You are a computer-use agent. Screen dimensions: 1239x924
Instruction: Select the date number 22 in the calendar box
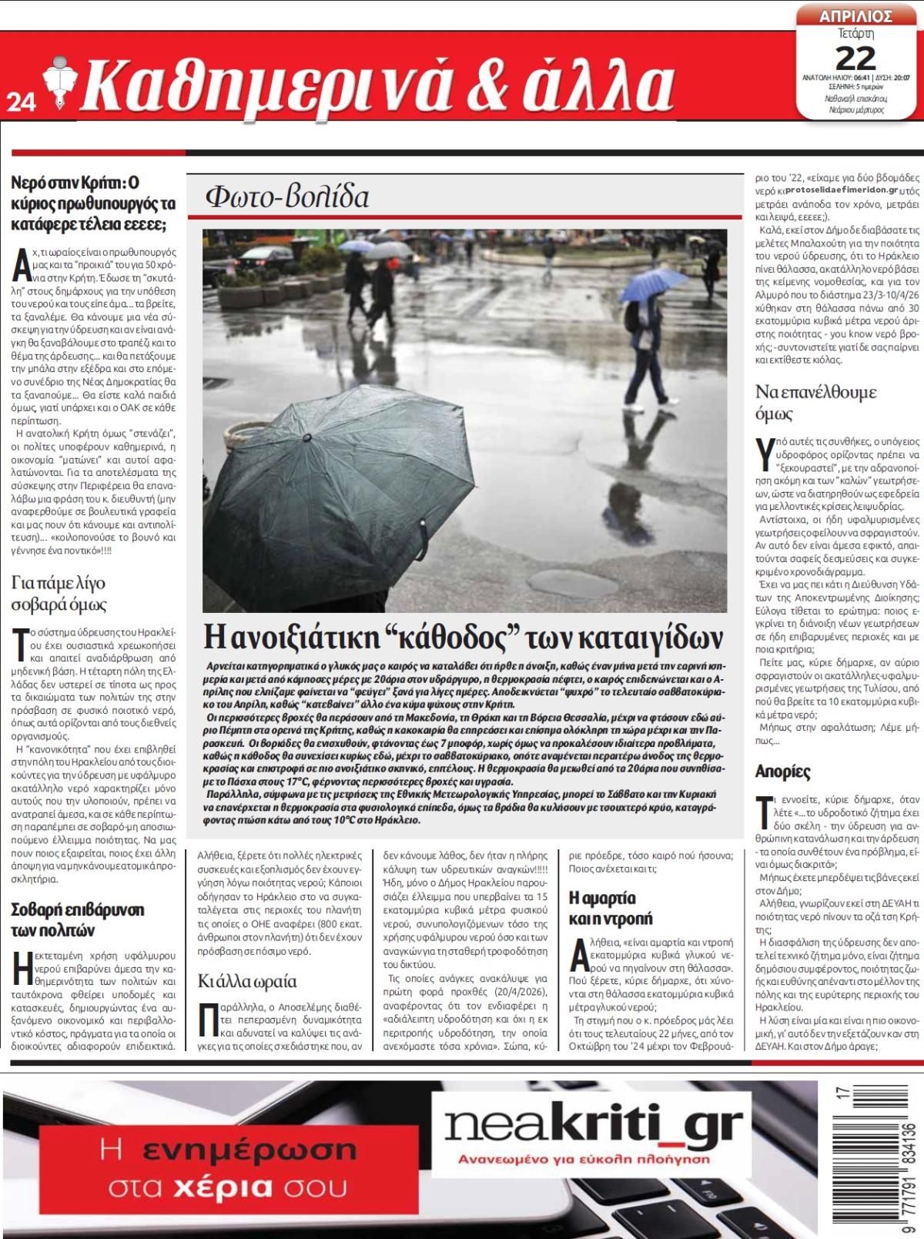[x=855, y=58]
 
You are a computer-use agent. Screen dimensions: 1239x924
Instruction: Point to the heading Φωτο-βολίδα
[x=286, y=197]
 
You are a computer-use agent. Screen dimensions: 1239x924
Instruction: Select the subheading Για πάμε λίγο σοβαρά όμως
[x=60, y=594]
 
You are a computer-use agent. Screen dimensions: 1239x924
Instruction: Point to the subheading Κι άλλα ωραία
[x=246, y=981]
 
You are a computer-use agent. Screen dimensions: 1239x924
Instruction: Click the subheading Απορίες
[x=783, y=772]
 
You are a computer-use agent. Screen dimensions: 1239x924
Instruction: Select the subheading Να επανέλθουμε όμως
[x=815, y=403]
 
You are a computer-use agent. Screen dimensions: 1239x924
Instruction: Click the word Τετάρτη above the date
[x=855, y=35]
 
